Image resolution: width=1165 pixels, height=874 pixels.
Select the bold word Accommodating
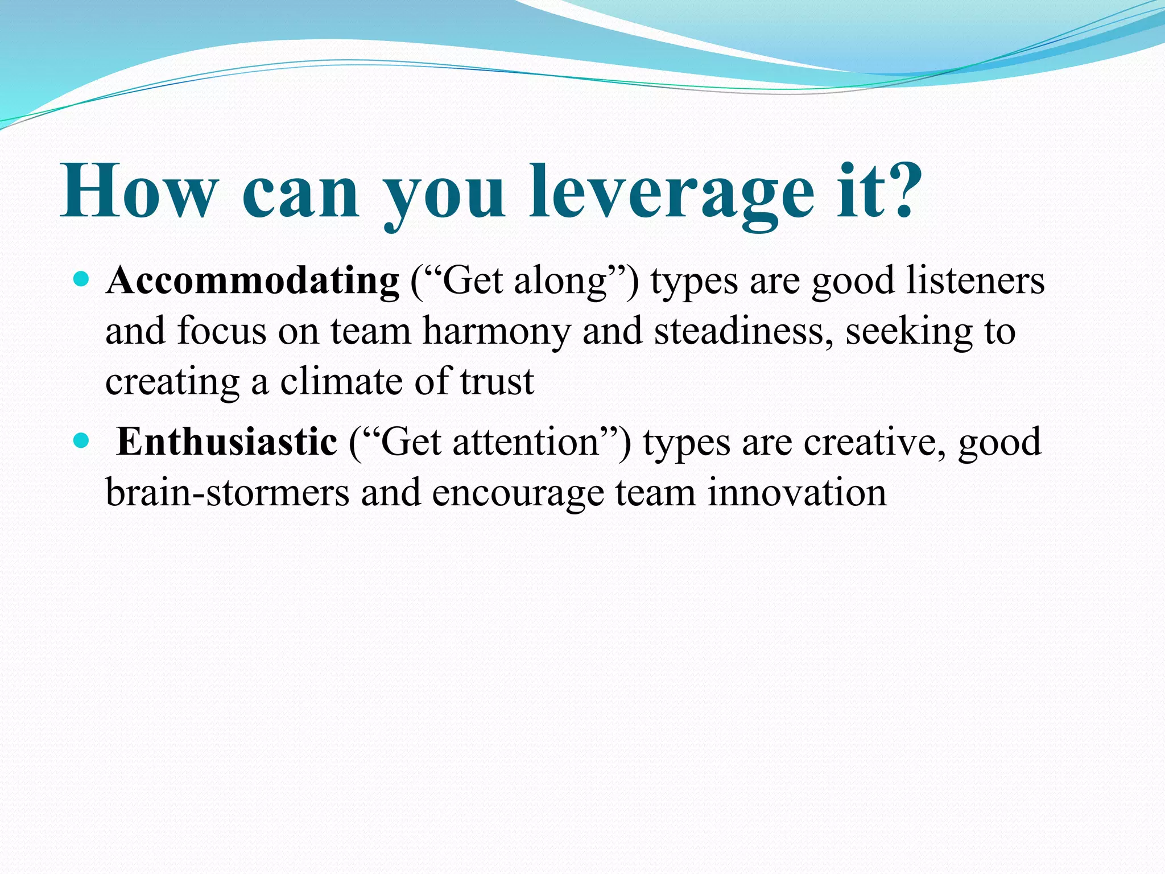coord(253,281)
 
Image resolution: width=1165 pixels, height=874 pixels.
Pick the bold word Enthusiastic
coord(226,442)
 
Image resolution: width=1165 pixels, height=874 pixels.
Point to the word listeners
coord(975,281)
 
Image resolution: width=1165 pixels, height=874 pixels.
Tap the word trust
coord(497,382)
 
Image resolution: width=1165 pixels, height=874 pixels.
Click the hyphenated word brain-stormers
coord(228,492)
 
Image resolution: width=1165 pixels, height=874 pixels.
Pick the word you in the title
coord(444,196)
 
